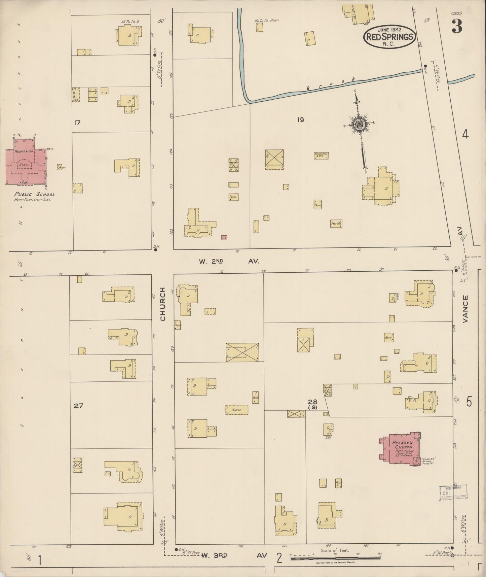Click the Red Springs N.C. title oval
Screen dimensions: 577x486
(x=389, y=37)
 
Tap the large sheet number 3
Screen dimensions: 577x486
(x=456, y=26)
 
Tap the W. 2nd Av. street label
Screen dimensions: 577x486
(x=229, y=261)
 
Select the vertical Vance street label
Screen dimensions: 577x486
(x=465, y=309)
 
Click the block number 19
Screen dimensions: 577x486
(x=300, y=119)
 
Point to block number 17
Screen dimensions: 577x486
(x=77, y=123)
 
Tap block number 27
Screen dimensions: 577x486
(x=78, y=406)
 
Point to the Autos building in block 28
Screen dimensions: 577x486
(x=237, y=409)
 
